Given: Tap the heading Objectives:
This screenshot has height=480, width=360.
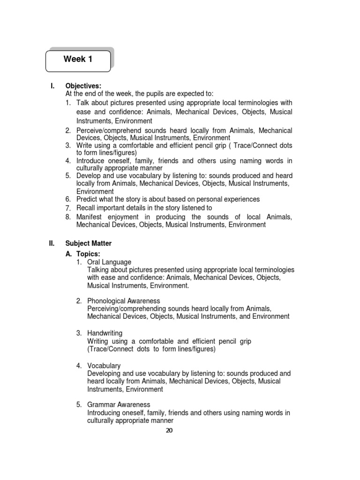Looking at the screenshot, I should [x=83, y=86].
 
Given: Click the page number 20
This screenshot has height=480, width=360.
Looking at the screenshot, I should [x=169, y=431].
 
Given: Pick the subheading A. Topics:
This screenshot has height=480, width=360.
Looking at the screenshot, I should [x=83, y=254].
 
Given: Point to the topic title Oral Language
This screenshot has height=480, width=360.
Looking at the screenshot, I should [x=109, y=262].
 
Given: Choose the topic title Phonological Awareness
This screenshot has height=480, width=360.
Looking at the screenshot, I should [x=124, y=301].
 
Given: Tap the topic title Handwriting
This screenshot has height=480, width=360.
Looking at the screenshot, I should [x=105, y=333].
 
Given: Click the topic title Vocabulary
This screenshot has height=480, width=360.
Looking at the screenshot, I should [x=104, y=366].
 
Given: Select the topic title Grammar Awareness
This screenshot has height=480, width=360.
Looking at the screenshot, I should [x=119, y=405].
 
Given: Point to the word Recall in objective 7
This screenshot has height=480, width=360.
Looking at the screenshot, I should [x=86, y=208].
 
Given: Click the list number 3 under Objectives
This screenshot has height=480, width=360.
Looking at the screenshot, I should [x=68, y=145].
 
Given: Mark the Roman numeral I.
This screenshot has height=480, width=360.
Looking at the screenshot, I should [x=52, y=86].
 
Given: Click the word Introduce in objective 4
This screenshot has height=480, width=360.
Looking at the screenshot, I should [x=92, y=161].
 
